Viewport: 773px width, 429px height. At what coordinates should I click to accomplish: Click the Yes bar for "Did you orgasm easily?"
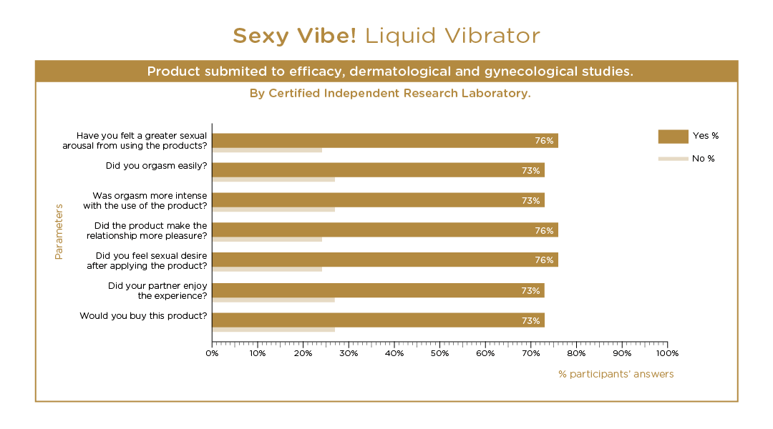378,170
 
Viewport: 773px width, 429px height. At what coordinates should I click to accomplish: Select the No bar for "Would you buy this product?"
273,330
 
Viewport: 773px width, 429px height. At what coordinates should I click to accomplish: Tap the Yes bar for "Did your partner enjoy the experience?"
378,290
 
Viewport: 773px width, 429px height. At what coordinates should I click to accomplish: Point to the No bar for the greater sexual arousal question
267,149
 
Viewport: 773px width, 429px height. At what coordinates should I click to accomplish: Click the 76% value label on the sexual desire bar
544,260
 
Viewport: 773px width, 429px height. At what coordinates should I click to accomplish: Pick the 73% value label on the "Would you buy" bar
530,321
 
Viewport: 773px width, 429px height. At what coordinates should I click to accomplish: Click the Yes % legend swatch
672,136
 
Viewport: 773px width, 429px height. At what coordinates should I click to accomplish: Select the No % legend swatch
672,159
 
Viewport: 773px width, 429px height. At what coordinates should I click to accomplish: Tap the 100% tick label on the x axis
667,353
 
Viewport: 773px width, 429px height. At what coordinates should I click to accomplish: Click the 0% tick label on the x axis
212,353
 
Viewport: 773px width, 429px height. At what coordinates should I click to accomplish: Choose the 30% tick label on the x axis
349,353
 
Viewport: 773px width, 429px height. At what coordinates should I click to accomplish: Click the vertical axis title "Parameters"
59,232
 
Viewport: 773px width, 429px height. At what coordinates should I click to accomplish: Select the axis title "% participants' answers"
616,374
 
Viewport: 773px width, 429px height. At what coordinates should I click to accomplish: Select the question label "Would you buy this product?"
143,316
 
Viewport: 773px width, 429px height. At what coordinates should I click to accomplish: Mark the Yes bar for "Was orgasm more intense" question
378,200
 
